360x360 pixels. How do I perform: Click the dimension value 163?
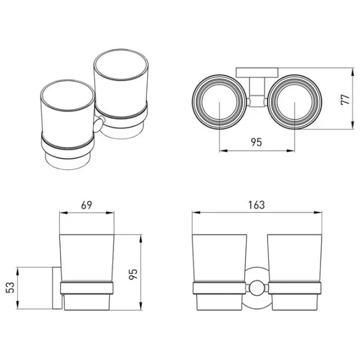tap(256, 205)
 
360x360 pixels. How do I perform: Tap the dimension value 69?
tap(86, 205)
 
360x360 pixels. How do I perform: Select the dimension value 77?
tap(346, 99)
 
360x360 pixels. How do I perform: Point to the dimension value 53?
tap(10, 287)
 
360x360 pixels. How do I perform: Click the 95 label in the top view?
tap(256, 142)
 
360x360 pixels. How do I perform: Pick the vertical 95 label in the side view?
tap(133, 274)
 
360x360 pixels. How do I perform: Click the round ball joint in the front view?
tap(257, 289)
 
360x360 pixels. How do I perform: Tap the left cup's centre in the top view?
tap(220, 102)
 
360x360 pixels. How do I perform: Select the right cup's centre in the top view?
tap(295, 102)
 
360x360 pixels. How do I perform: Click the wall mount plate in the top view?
tap(257, 73)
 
